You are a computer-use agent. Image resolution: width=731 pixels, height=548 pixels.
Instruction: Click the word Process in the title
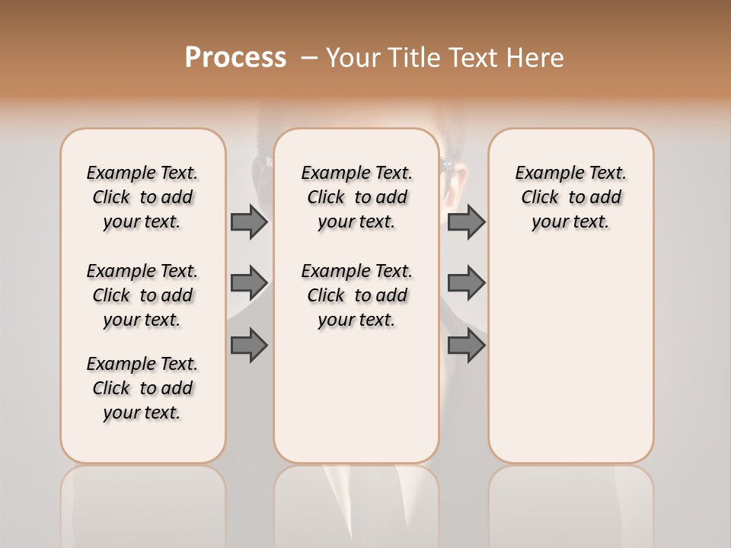tap(235, 57)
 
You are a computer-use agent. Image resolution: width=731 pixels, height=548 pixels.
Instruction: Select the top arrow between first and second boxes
tap(249, 221)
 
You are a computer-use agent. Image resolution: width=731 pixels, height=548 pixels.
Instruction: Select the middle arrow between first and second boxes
tap(249, 283)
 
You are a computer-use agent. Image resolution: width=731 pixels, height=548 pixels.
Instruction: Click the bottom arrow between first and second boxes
tap(249, 345)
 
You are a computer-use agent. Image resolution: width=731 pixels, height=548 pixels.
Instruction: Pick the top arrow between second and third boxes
tap(466, 221)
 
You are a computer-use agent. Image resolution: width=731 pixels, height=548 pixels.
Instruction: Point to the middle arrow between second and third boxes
tap(466, 283)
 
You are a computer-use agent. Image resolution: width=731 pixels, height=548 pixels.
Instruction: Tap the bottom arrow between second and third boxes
tap(466, 345)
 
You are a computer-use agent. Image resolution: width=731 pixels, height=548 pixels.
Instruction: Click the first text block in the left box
tap(142, 197)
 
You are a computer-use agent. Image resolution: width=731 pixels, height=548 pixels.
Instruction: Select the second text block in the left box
tap(142, 295)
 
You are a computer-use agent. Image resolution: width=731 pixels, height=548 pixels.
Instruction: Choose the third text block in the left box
tap(142, 388)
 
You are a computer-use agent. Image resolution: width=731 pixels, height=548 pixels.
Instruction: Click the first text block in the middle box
tap(356, 197)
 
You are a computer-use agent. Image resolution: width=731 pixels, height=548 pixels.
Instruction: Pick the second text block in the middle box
tap(356, 295)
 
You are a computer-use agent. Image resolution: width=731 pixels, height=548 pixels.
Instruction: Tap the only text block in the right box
tap(570, 197)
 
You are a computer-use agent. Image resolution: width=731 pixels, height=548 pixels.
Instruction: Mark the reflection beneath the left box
tap(143, 502)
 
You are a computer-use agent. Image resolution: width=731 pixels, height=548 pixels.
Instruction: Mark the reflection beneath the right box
tap(571, 502)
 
